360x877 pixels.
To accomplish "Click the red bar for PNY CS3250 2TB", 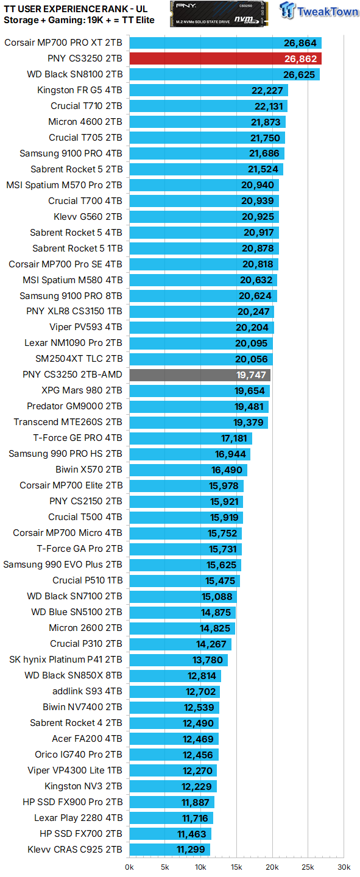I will click(x=225, y=59).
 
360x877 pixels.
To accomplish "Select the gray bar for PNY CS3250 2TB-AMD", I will click(x=200, y=375).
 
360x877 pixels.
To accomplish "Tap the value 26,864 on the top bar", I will click(x=300, y=43).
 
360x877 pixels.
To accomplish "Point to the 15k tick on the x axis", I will click(x=236, y=867).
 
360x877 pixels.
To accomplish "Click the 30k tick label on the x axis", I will click(x=344, y=867).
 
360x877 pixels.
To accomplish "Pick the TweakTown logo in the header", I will click(x=319, y=12).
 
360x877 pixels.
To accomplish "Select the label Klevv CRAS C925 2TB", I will click(x=75, y=850).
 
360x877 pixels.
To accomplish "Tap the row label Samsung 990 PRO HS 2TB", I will click(x=66, y=454).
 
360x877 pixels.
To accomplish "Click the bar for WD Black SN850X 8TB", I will click(x=175, y=675).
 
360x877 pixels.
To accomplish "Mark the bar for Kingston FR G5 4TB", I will click(x=208, y=91).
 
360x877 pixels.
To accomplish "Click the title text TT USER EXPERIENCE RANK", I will click(x=67, y=9).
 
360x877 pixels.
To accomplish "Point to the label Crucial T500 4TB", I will click(x=85, y=517).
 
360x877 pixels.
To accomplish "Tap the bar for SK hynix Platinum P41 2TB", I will click(x=178, y=660).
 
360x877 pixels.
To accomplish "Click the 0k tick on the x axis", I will click(x=130, y=867).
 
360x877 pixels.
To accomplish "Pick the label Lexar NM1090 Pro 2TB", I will click(x=73, y=343).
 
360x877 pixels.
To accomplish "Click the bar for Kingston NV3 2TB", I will click(x=173, y=786).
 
